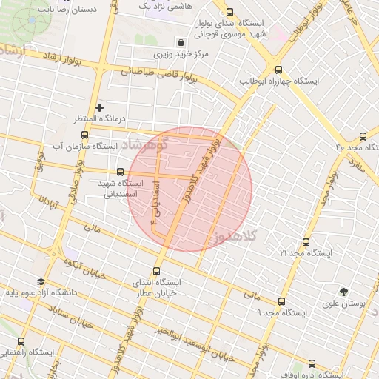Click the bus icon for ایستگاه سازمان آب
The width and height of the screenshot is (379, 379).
(x=84, y=135)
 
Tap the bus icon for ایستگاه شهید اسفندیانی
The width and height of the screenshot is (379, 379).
(x=121, y=172)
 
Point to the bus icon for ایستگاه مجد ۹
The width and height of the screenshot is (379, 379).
(x=281, y=301)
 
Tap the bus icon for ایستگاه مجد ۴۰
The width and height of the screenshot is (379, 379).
(x=363, y=136)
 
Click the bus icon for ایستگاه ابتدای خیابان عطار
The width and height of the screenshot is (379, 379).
(x=156, y=271)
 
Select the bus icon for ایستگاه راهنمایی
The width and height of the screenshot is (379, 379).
(x=20, y=341)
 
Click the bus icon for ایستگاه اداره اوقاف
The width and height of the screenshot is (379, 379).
(x=312, y=363)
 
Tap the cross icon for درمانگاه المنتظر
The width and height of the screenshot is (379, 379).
(x=100, y=107)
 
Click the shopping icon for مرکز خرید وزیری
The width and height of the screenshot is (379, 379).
(x=181, y=42)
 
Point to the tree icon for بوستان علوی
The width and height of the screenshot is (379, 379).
(x=343, y=292)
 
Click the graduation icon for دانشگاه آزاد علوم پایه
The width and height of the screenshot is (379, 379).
(x=40, y=281)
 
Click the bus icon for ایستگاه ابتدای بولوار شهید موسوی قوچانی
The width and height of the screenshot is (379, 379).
(x=229, y=13)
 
